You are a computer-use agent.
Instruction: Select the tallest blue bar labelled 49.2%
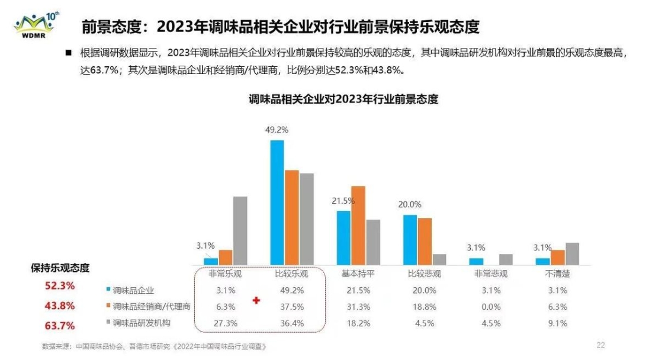(277, 202)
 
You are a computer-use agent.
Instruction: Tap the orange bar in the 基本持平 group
(358, 225)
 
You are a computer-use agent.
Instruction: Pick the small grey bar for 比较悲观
(439, 259)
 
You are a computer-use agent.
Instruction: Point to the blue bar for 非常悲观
(476, 261)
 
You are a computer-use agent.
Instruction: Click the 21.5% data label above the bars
(343, 201)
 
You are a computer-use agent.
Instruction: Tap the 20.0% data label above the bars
(410, 205)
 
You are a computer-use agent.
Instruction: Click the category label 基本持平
(358, 275)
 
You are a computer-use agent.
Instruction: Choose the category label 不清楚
(557, 275)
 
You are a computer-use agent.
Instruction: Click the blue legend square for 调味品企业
(108, 290)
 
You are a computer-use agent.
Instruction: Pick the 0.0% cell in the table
(491, 307)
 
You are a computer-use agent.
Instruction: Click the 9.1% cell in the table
(557, 323)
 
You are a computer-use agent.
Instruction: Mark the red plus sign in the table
(256, 301)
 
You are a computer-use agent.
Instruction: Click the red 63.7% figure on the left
(60, 326)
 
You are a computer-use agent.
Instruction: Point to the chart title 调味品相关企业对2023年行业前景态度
(343, 99)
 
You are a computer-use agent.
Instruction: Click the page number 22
(600, 345)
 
